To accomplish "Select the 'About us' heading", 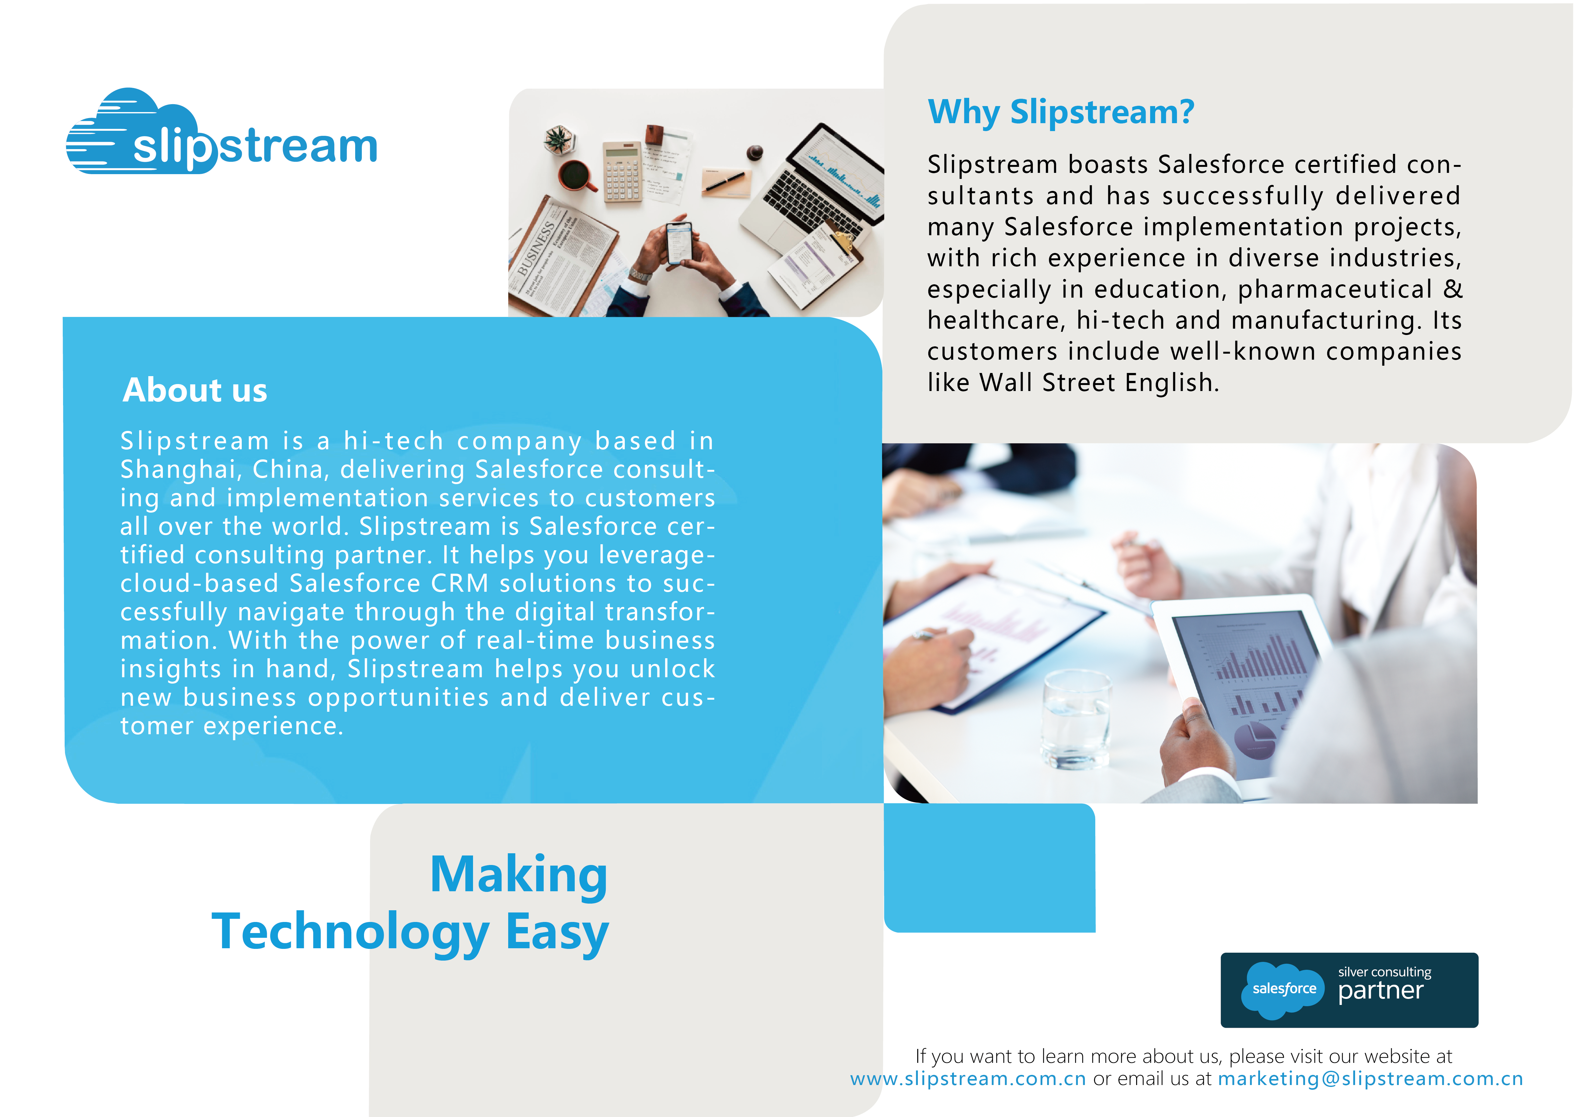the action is (x=195, y=390).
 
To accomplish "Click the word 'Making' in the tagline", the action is (x=518, y=875).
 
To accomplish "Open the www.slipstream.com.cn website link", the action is (x=968, y=1078).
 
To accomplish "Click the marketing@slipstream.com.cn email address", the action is (x=1370, y=1078).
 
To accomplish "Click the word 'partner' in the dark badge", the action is (x=1380, y=991).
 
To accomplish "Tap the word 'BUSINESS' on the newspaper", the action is (x=537, y=249).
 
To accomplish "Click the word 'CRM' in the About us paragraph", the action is (x=460, y=583).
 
